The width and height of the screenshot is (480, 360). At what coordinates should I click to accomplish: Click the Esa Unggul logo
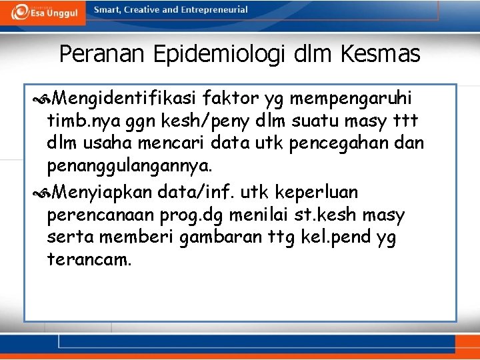[x=41, y=12]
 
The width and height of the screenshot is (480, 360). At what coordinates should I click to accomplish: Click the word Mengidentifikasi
[x=123, y=99]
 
